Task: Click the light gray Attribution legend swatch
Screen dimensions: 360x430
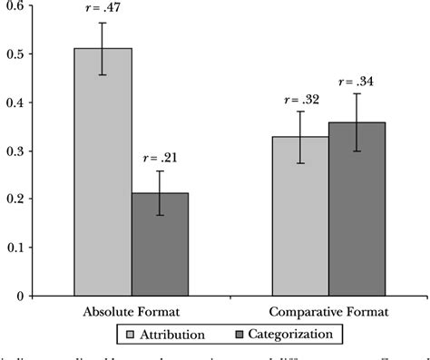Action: (x=131, y=334)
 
